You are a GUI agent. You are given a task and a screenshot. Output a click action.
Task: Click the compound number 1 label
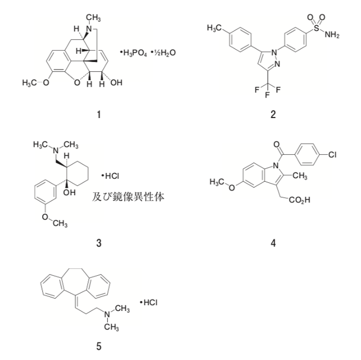(x=99, y=115)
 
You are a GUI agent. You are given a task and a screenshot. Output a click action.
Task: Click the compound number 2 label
(x=273, y=115)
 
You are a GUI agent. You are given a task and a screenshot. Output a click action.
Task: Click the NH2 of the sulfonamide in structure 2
(x=331, y=35)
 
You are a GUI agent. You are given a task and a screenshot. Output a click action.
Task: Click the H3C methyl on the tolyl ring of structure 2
(x=215, y=26)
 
